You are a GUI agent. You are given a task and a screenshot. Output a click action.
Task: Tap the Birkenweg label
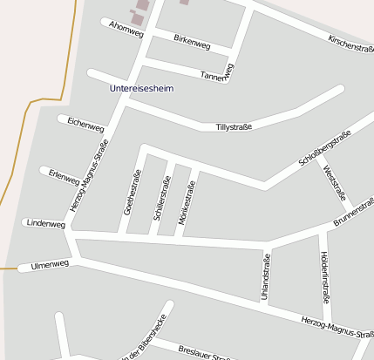(192, 41)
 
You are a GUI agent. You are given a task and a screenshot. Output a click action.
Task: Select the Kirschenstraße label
(350, 44)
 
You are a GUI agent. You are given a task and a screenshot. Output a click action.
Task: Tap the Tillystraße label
(234, 127)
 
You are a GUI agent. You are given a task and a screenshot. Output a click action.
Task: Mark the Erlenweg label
(65, 176)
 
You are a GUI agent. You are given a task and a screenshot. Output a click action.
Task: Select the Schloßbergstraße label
(324, 147)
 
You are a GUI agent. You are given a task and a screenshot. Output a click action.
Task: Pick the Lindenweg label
(46, 224)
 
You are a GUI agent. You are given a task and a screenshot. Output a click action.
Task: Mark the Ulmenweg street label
(49, 264)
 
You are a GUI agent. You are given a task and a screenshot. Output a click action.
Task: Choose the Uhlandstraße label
(264, 276)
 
